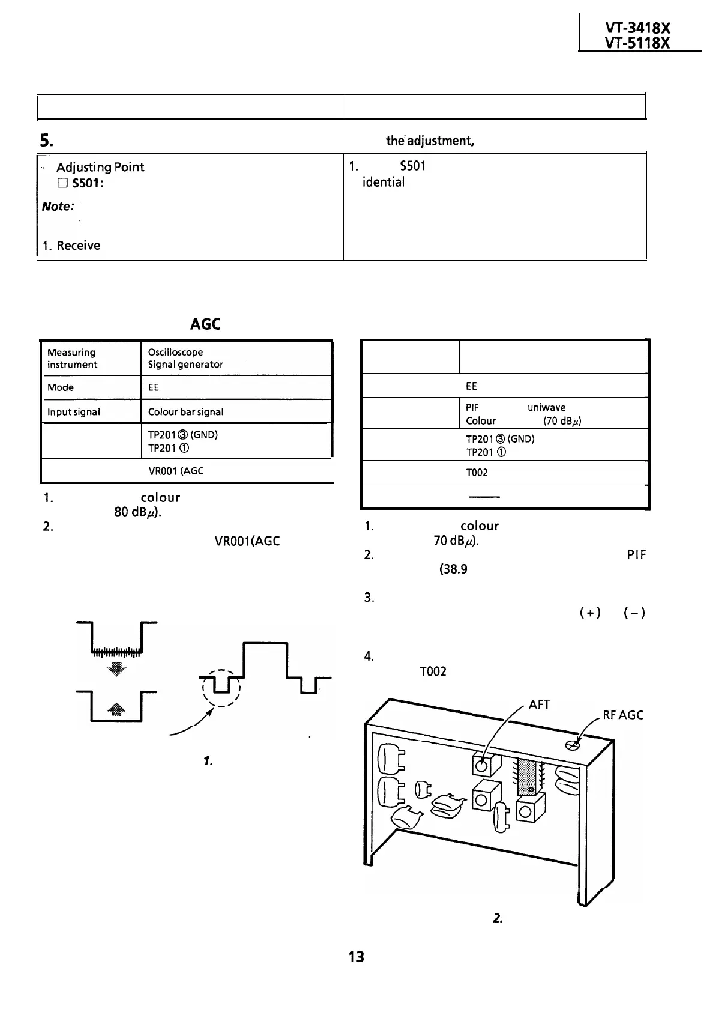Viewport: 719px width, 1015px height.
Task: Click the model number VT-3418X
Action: click(639, 28)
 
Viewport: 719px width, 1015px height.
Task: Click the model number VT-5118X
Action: click(639, 43)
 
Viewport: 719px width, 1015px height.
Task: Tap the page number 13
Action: click(356, 957)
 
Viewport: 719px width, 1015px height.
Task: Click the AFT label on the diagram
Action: click(539, 704)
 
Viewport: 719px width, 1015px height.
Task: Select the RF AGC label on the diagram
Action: click(623, 715)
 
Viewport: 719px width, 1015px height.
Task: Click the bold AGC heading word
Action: click(205, 324)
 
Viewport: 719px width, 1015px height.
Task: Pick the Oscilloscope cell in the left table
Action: click(175, 352)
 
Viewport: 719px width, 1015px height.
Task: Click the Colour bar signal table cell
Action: click(185, 412)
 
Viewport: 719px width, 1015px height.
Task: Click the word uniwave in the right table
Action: click(546, 407)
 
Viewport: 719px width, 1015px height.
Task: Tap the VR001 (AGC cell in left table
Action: click(176, 471)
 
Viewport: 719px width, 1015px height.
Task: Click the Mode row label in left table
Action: click(61, 387)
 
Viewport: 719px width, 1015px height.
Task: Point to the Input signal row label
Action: click(73, 412)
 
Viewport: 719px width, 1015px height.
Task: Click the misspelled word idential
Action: click(383, 182)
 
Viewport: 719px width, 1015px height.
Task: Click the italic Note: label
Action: click(58, 207)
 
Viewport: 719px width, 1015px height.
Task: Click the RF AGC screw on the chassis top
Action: click(572, 745)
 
